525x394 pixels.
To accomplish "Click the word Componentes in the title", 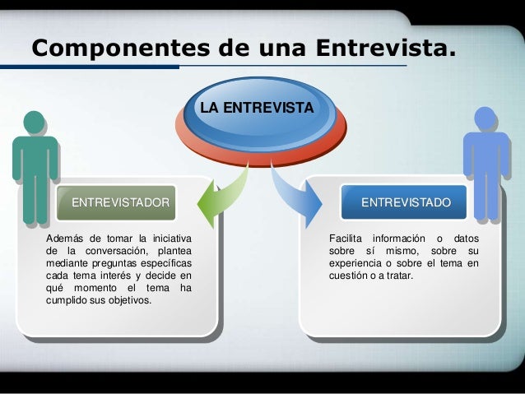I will click(x=114, y=49).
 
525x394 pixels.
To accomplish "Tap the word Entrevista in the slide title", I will click(x=383, y=49).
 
